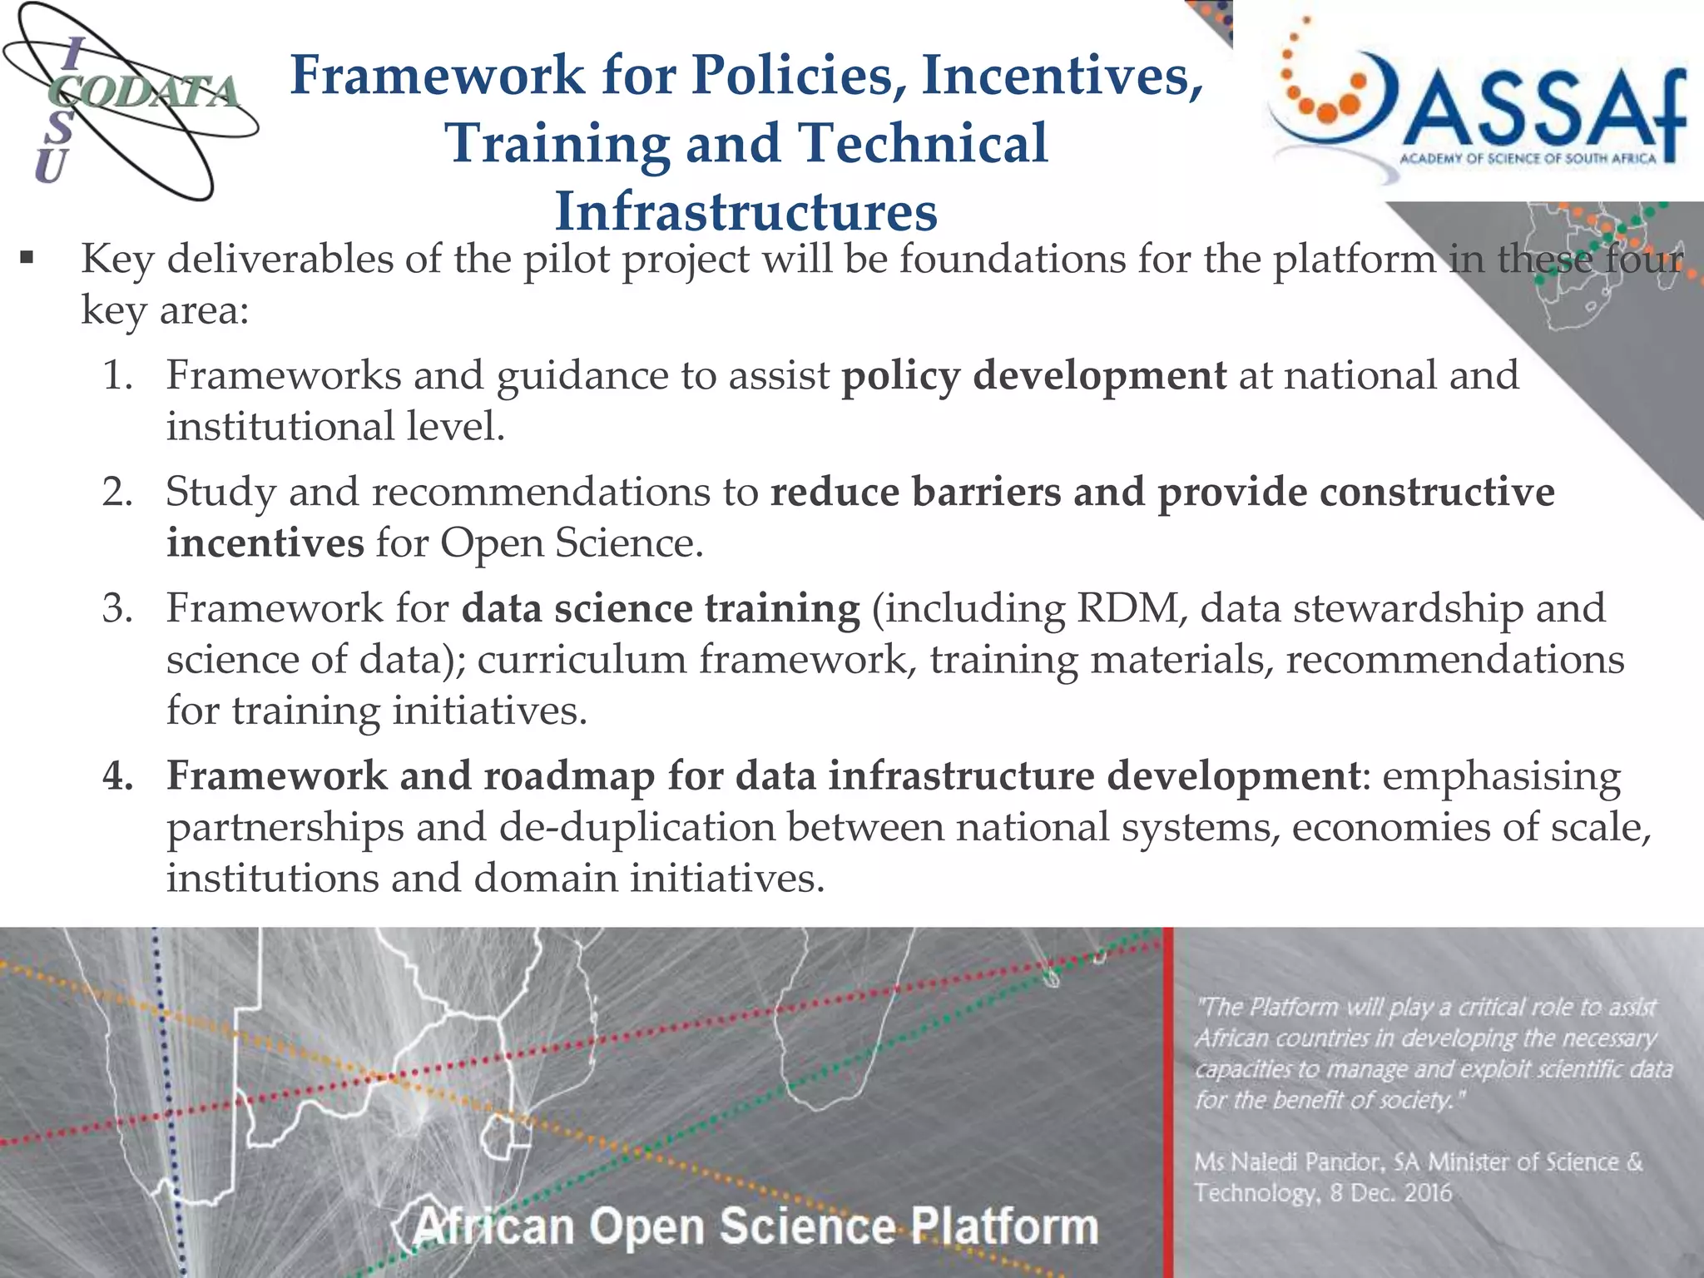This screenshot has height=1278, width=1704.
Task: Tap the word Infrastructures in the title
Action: (746, 211)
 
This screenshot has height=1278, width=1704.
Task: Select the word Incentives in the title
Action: (1063, 75)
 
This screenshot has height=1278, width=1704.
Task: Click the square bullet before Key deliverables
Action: (27, 259)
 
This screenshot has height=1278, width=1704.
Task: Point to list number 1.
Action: (117, 375)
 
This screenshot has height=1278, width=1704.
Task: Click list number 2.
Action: (117, 492)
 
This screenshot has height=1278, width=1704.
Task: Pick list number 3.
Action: (117, 608)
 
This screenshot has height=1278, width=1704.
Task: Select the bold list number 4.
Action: (117, 775)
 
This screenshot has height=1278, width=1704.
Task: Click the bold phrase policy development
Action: (1033, 375)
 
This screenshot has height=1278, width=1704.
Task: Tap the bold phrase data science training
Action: (661, 608)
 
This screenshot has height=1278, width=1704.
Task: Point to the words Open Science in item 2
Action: (570, 543)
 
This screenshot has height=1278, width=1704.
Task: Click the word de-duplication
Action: (637, 827)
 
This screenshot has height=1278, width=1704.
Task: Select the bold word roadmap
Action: (569, 775)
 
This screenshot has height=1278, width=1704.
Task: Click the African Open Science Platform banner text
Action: (755, 1226)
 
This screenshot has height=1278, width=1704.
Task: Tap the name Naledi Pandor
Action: (1311, 1162)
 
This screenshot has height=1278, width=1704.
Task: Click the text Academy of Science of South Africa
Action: (1528, 159)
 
